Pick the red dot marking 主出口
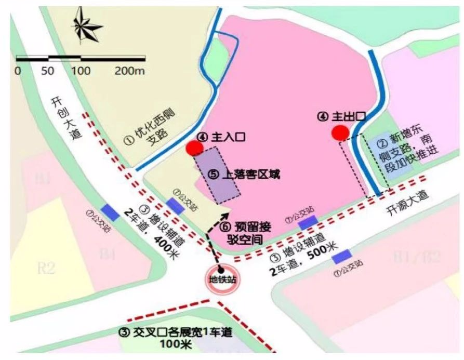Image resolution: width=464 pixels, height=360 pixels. point(341,132)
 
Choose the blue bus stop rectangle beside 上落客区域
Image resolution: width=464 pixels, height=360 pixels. point(175,206)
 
